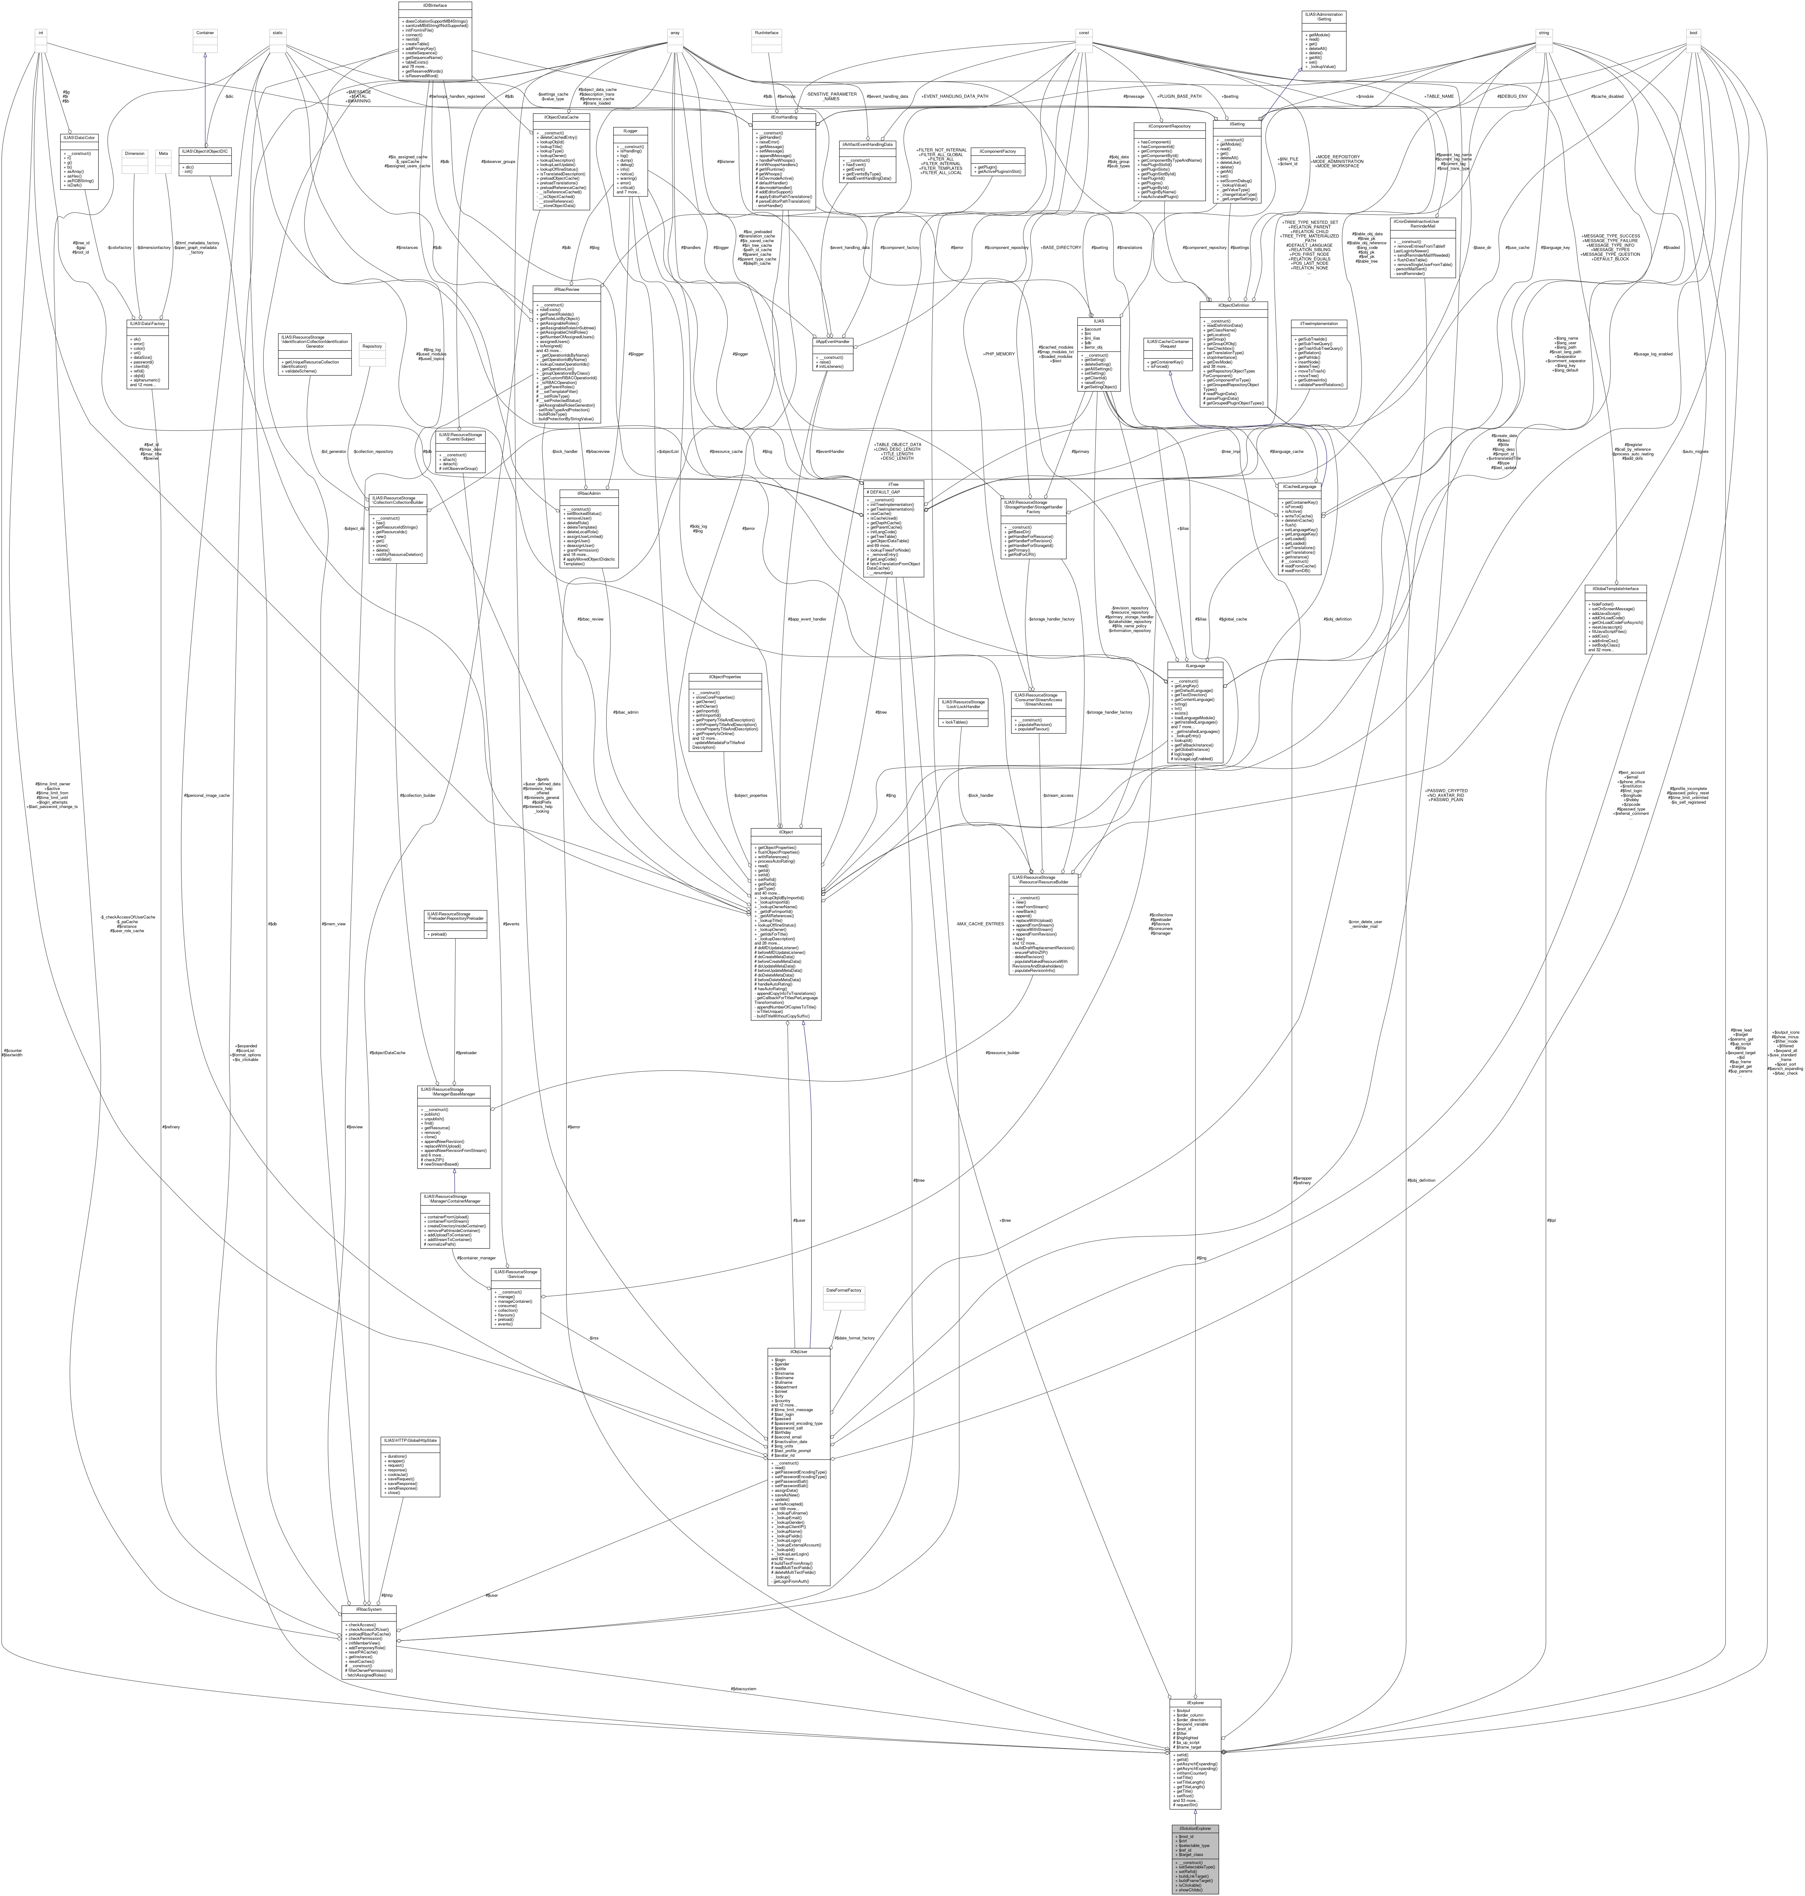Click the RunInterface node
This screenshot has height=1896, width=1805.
point(766,33)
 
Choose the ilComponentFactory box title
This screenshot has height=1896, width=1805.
point(998,151)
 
